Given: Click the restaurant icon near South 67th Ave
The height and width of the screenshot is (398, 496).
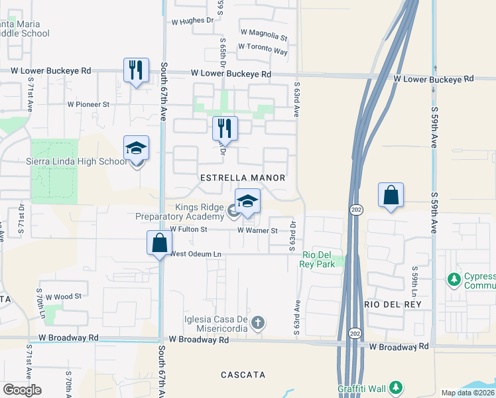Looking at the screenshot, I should click(x=136, y=70).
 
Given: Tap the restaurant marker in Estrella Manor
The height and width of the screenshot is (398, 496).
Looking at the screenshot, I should click(x=225, y=129).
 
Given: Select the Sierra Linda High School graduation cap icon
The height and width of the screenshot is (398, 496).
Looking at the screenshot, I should click(x=136, y=149).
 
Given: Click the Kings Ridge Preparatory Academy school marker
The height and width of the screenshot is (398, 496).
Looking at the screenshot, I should click(x=247, y=202).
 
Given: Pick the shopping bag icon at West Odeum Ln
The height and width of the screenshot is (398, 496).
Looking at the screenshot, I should click(x=160, y=243).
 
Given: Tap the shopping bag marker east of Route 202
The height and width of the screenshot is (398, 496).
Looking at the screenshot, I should click(x=391, y=196).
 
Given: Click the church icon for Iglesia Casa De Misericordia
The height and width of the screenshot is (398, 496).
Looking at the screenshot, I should click(x=259, y=323).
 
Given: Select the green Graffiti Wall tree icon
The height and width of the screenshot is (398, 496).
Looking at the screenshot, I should click(x=396, y=387).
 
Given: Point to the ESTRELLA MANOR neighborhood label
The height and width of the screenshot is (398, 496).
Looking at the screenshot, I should click(x=243, y=178).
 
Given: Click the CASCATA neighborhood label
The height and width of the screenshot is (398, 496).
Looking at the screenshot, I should click(x=243, y=375).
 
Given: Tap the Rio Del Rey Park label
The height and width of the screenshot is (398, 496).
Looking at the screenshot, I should click(x=319, y=259).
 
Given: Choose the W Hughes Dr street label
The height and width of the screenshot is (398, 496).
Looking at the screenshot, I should click(x=194, y=20).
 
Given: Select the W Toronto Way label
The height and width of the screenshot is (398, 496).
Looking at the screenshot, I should click(x=263, y=48).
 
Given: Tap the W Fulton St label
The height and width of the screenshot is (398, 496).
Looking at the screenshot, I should click(x=189, y=230).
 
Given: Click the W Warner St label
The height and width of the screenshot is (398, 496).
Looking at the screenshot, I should click(x=257, y=230).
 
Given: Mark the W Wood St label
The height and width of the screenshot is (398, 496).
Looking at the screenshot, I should click(x=63, y=296).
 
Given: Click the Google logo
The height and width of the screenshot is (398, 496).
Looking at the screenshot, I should click(x=23, y=390).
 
